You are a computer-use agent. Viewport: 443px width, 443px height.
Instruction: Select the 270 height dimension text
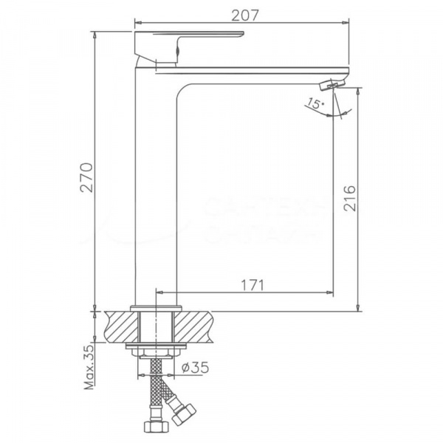[x=86, y=177]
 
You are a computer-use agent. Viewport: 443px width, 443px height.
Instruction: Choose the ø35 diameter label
[x=195, y=367]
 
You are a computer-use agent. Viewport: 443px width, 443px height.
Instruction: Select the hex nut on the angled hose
[x=185, y=412]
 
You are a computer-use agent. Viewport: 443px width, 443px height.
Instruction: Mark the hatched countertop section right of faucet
[x=193, y=326]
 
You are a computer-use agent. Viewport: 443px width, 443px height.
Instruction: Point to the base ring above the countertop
[x=154, y=308]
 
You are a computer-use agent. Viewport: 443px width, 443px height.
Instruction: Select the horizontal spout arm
[x=258, y=74]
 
